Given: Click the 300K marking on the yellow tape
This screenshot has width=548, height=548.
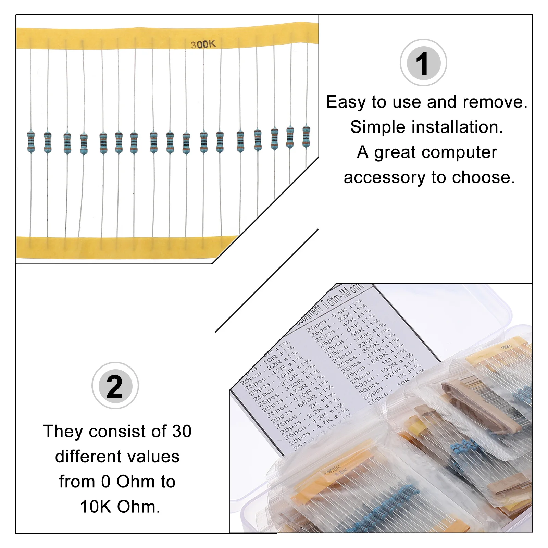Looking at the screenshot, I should pos(203,45).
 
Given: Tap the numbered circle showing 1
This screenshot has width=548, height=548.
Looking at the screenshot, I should pos(423,63).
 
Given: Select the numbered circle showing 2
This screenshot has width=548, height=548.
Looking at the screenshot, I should pos(115,386).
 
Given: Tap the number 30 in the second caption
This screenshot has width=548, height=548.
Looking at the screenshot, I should pos(182,431).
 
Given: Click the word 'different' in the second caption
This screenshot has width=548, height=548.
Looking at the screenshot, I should pos(85,457).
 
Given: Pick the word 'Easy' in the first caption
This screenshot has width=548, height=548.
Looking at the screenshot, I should pos(346,102).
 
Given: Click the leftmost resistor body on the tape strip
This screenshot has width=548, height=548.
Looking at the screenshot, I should pos(31,141).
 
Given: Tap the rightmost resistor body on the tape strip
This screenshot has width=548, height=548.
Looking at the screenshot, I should pos(306,136).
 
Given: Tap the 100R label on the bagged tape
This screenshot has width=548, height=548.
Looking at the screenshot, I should pos(506,347).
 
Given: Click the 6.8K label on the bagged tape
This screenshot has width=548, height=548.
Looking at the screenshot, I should pos(340,473).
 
